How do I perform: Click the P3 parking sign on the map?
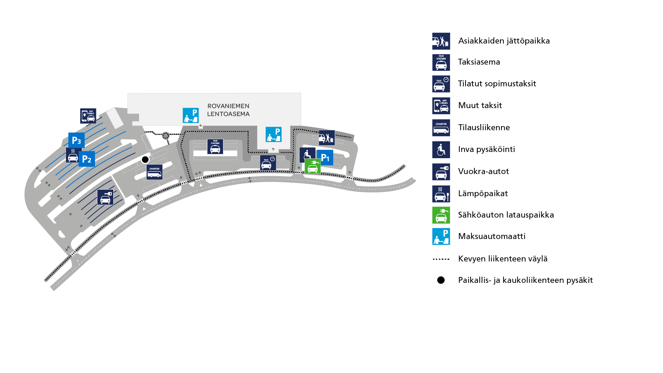pyautogui.click(x=76, y=140)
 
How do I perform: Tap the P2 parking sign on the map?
pyautogui.click(x=87, y=159)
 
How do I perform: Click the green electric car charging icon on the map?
pyautogui.click(x=313, y=166)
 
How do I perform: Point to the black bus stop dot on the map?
pyautogui.click(x=145, y=160)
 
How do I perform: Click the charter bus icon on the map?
pyautogui.click(x=154, y=172)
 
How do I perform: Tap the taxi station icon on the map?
pyautogui.click(x=215, y=146)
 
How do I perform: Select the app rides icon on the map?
pyautogui.click(x=88, y=116)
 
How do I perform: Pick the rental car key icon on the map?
pyautogui.click(x=105, y=197)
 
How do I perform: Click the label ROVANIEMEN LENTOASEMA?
pyautogui.click(x=228, y=110)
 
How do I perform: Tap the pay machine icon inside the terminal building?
pyautogui.click(x=191, y=115)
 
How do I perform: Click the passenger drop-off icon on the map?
pyautogui.click(x=327, y=137)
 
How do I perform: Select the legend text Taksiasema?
pyautogui.click(x=479, y=62)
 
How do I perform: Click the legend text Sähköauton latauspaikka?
pyautogui.click(x=506, y=215)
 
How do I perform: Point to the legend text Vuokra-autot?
pyautogui.click(x=483, y=171)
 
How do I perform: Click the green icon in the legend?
pyautogui.click(x=441, y=215)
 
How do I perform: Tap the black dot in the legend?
pyautogui.click(x=441, y=280)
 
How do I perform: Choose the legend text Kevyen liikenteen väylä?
pyautogui.click(x=503, y=259)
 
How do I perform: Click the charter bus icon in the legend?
pyautogui.click(x=441, y=128)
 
